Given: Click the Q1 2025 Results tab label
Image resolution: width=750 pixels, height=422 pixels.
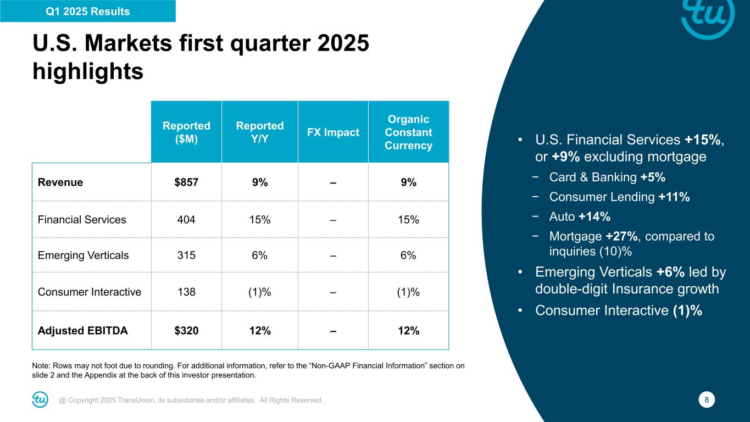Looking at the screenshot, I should tap(88, 12).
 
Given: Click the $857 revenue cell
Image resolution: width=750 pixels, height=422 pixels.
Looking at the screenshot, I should tap(186, 183).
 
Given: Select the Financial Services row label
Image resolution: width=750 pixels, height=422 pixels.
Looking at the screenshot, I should tap(82, 220).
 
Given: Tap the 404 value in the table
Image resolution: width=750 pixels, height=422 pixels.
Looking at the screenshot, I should tap(186, 220).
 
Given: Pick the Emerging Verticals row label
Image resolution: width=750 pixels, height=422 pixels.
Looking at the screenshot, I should tap(84, 256).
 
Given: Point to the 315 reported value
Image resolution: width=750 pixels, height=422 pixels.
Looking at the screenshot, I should tap(186, 256).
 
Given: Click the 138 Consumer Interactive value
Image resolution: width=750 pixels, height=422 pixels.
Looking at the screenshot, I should tap(186, 292).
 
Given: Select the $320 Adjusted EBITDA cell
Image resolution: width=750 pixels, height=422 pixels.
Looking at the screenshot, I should tap(186, 331).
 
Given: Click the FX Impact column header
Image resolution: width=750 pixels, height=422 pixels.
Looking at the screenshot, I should tap(333, 132).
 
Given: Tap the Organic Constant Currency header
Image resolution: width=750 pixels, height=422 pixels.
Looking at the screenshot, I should tap(408, 132).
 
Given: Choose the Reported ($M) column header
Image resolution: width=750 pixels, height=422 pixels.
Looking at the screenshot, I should tap(186, 132).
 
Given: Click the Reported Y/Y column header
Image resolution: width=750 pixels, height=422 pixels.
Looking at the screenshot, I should tap(260, 132).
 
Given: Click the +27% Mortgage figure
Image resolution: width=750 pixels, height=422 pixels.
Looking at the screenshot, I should tap(623, 237).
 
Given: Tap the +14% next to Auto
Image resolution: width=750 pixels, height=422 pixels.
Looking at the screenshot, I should tap(594, 216).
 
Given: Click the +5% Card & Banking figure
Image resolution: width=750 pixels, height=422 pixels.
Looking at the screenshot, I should tap(653, 177).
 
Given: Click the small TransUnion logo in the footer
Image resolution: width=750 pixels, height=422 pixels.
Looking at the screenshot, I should tap(40, 400).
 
